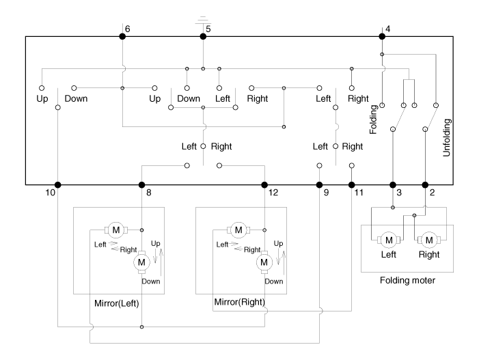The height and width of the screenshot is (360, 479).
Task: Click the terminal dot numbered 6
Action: [x=122, y=36]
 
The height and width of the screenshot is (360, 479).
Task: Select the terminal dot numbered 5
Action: [x=202, y=36]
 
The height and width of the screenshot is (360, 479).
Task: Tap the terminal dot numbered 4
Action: [x=381, y=36]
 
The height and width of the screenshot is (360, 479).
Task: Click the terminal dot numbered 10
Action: [x=57, y=184]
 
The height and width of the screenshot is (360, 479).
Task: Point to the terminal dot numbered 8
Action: [x=141, y=184]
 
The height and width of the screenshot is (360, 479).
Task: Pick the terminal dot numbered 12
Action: [x=264, y=184]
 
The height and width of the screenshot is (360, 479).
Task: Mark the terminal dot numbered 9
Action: [x=319, y=184]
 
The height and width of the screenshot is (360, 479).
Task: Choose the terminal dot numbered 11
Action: [x=352, y=184]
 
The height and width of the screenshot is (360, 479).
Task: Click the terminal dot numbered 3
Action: [x=393, y=184]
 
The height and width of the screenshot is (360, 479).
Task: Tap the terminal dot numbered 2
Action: [x=425, y=184]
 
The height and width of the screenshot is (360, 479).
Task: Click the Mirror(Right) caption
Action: [x=238, y=301]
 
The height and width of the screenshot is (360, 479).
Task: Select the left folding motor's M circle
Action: [x=389, y=239]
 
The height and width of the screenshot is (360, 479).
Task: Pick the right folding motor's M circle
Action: [x=429, y=239]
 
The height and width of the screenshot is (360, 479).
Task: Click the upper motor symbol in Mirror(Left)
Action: [x=115, y=230]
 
